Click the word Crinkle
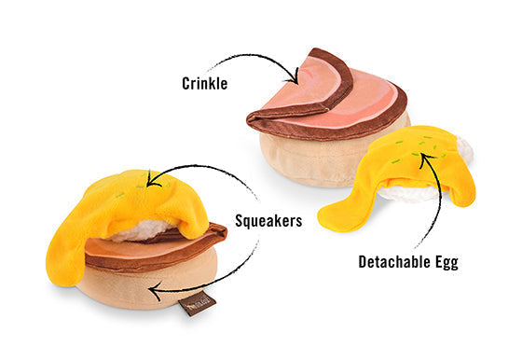205,83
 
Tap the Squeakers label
268,221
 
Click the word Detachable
394,261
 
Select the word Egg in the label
446,262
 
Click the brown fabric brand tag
197,303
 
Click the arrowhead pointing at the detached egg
425,159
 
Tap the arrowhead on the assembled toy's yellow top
153,180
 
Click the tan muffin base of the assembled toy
146,284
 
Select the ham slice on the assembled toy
153,248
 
